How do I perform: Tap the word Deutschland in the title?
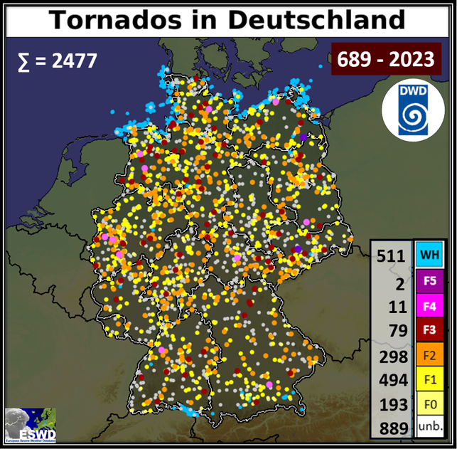(x=316, y=19)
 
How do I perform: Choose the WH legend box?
(x=429, y=254)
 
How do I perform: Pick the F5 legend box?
(x=429, y=280)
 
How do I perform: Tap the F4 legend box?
(x=429, y=305)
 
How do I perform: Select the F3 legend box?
(x=429, y=330)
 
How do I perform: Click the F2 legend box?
(x=429, y=355)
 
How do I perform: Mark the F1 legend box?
(x=429, y=380)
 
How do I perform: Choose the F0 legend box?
(x=429, y=404)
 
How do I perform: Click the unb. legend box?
(x=429, y=427)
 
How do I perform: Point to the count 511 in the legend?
(x=392, y=255)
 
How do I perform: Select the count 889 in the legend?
(x=392, y=428)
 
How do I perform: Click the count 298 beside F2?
(x=392, y=356)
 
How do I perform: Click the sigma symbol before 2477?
(x=23, y=61)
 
